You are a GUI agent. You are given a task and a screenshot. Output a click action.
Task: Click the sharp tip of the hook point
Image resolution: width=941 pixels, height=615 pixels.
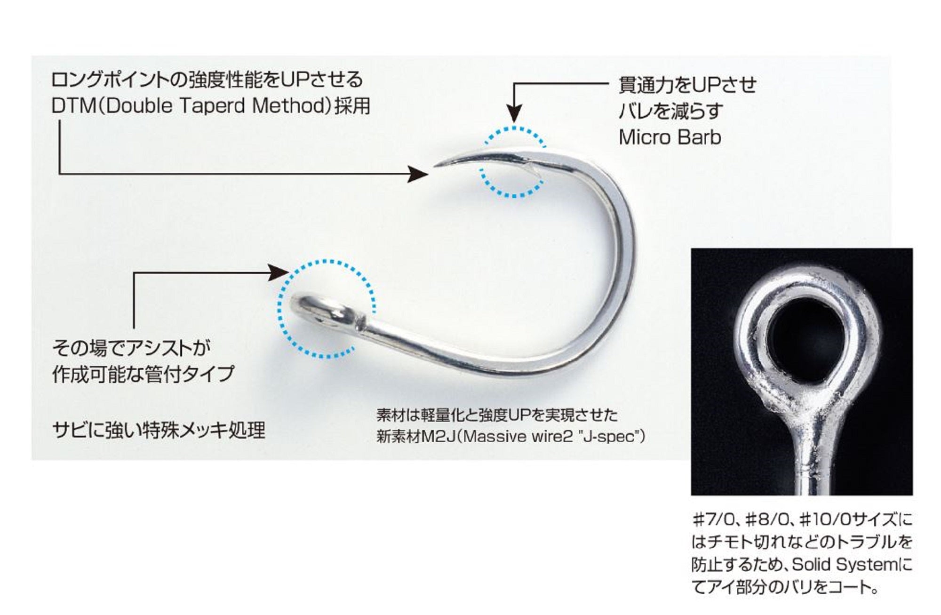(435, 165)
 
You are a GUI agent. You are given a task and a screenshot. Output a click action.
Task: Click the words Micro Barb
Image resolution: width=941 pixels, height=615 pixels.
(670, 137)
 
